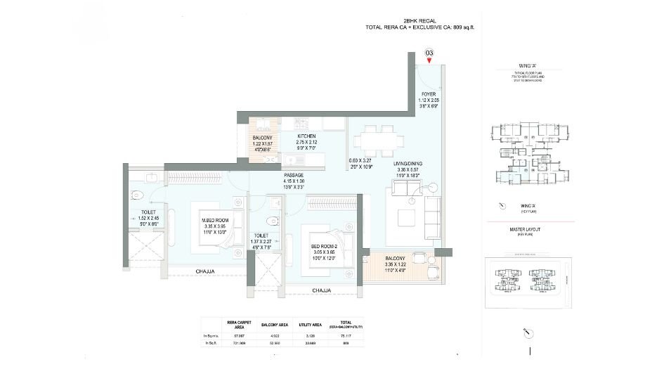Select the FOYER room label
(429, 94)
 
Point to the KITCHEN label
(306, 136)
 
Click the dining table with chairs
(375, 138)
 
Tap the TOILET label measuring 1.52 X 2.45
(147, 211)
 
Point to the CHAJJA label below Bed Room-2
(321, 290)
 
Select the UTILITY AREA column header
(308, 325)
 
